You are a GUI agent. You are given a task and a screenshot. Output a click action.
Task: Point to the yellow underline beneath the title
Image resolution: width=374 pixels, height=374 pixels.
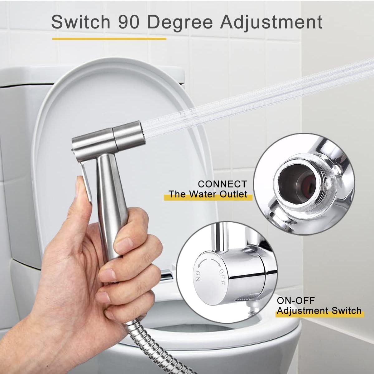[x=109, y=39]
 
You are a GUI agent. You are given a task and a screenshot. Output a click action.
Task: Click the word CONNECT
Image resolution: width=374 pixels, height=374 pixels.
[x=222, y=184]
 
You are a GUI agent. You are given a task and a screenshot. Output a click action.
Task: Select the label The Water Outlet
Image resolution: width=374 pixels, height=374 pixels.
[x=208, y=194]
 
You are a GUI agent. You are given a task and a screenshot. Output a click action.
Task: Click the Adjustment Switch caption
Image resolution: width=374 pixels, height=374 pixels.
[x=319, y=311]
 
